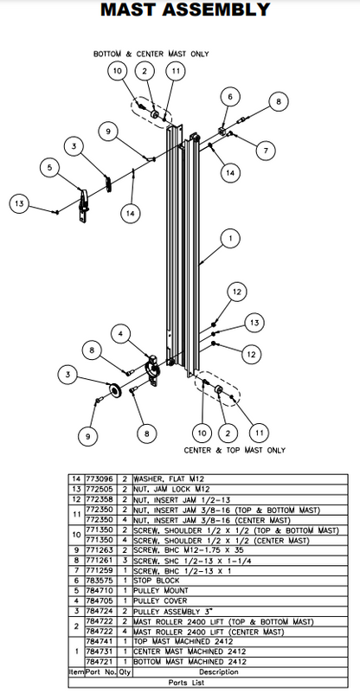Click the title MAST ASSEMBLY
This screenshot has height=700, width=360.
tap(179, 11)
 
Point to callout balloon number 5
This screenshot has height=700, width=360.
tap(50, 167)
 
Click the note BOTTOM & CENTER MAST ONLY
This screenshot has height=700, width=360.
tap(151, 54)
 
